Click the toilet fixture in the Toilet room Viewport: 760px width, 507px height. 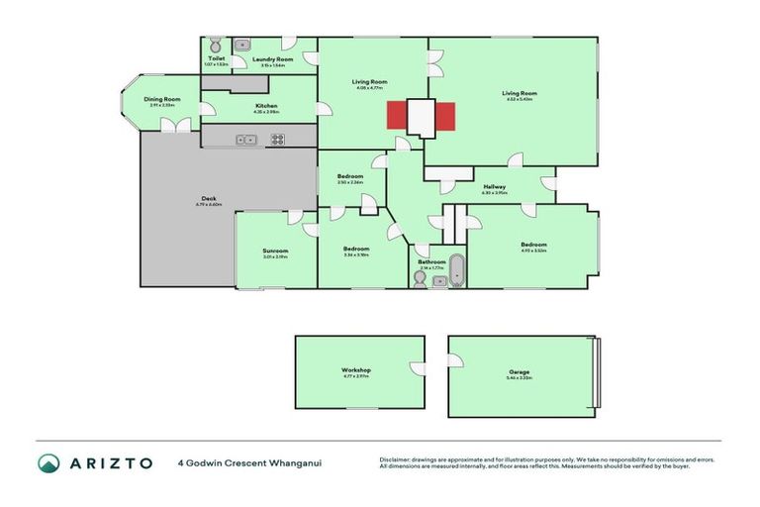(x=214, y=46)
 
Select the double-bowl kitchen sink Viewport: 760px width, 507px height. (x=246, y=140)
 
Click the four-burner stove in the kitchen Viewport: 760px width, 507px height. (x=278, y=140)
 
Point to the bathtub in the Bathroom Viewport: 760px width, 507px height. (x=456, y=269)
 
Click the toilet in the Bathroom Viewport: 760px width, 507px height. (x=421, y=280)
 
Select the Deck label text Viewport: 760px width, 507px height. (x=209, y=199)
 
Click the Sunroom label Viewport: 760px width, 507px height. (x=275, y=251)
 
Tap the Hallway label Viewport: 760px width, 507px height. (x=495, y=187)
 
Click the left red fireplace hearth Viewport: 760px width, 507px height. (x=397, y=116)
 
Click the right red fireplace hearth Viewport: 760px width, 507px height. (x=445, y=116)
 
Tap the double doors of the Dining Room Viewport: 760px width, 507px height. (x=176, y=126)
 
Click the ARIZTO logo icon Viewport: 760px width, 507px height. (x=48, y=462)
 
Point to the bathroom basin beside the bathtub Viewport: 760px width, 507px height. (x=439, y=281)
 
